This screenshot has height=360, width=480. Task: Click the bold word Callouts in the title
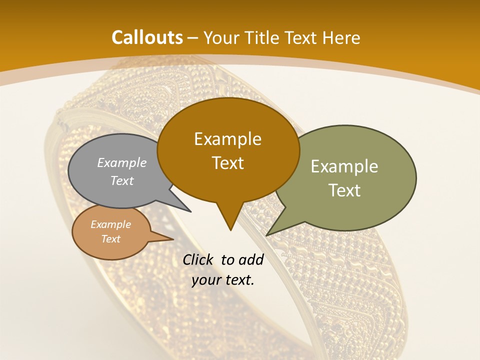point(147,37)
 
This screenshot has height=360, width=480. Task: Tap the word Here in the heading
point(342,37)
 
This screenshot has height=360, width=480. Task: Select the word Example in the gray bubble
point(122,162)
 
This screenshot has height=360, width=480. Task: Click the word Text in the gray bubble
point(122,180)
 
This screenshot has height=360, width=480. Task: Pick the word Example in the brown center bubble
point(227,139)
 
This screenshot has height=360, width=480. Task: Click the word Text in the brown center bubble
point(227,163)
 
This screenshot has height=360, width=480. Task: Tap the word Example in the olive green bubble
point(344,166)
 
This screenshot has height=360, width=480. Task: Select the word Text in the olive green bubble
point(344,190)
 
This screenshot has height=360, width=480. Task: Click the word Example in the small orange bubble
point(110,224)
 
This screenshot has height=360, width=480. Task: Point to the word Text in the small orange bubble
point(110,239)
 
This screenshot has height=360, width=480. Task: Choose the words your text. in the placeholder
point(223,280)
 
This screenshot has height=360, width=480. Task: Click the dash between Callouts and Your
point(193,38)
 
